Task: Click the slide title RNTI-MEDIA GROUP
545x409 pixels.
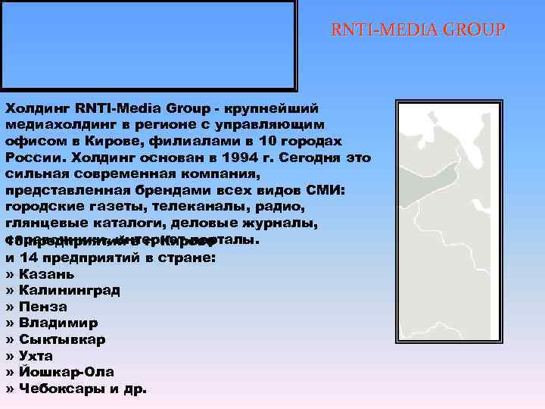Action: click(418, 31)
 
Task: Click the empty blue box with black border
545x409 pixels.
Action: click(148, 45)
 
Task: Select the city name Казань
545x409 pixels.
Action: click(47, 273)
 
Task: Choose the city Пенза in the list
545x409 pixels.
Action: click(44, 307)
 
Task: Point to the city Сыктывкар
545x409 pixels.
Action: click(63, 339)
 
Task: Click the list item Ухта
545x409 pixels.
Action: click(36, 355)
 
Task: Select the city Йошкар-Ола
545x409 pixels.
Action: click(67, 372)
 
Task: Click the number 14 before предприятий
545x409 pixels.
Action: click(27, 258)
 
